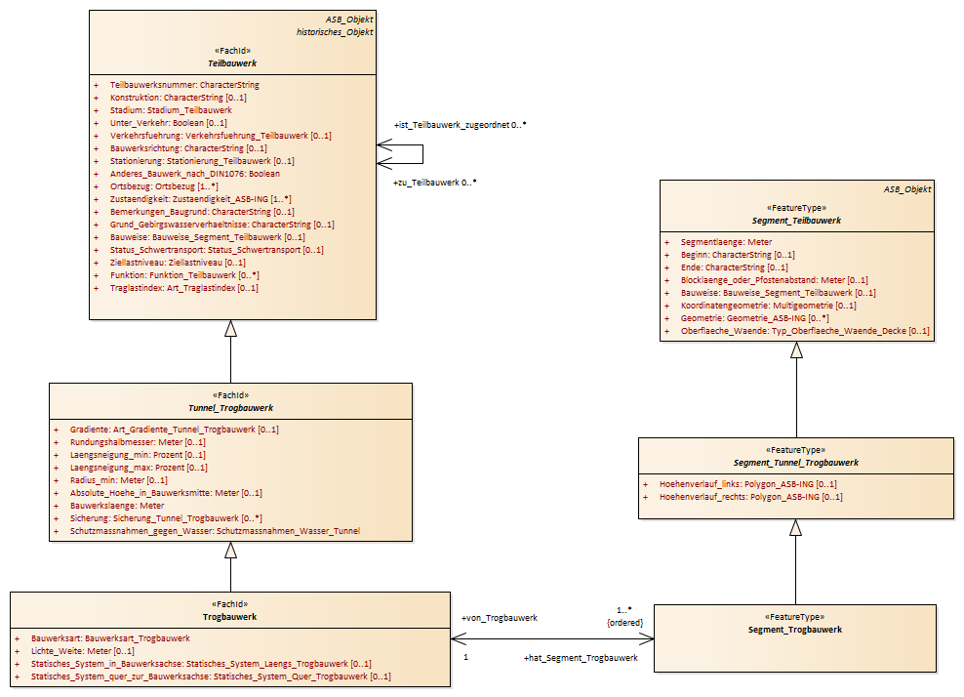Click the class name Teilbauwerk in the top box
232,63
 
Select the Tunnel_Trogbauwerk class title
230,408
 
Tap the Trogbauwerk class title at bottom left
230,617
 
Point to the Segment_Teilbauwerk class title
796,221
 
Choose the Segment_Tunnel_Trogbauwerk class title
795,463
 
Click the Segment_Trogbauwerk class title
795,630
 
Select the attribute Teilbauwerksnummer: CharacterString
184,85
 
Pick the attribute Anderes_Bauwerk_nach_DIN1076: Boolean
195,174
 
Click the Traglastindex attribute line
183,288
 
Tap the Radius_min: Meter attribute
119,480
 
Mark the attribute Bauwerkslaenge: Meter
117,506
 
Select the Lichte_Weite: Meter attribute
82,651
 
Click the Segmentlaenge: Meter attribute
726,242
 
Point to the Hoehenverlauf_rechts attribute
750,497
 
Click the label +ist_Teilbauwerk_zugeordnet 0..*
460,125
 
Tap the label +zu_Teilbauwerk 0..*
434,183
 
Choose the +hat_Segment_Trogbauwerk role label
581,658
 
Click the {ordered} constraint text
624,623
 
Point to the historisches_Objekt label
335,32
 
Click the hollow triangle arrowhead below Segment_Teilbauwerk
797,350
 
